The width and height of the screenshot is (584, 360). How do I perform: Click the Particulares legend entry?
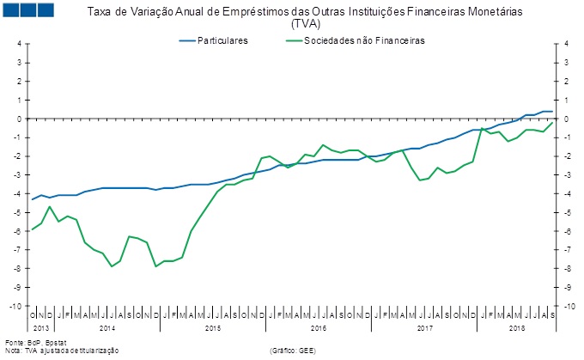click(x=222, y=40)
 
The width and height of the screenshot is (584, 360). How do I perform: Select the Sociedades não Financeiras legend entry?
click(x=364, y=40)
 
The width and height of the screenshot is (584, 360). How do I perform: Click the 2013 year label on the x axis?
click(x=42, y=328)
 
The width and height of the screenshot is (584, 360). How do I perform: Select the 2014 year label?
click(x=107, y=328)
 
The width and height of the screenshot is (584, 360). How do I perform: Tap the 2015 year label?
click(x=213, y=328)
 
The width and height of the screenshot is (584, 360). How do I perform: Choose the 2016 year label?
click(x=319, y=328)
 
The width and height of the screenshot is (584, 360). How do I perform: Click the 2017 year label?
click(x=424, y=328)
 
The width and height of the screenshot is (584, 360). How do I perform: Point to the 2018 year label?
click(x=517, y=328)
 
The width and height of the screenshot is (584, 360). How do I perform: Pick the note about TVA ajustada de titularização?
click(x=62, y=351)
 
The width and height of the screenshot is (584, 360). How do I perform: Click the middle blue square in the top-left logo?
click(x=27, y=10)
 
